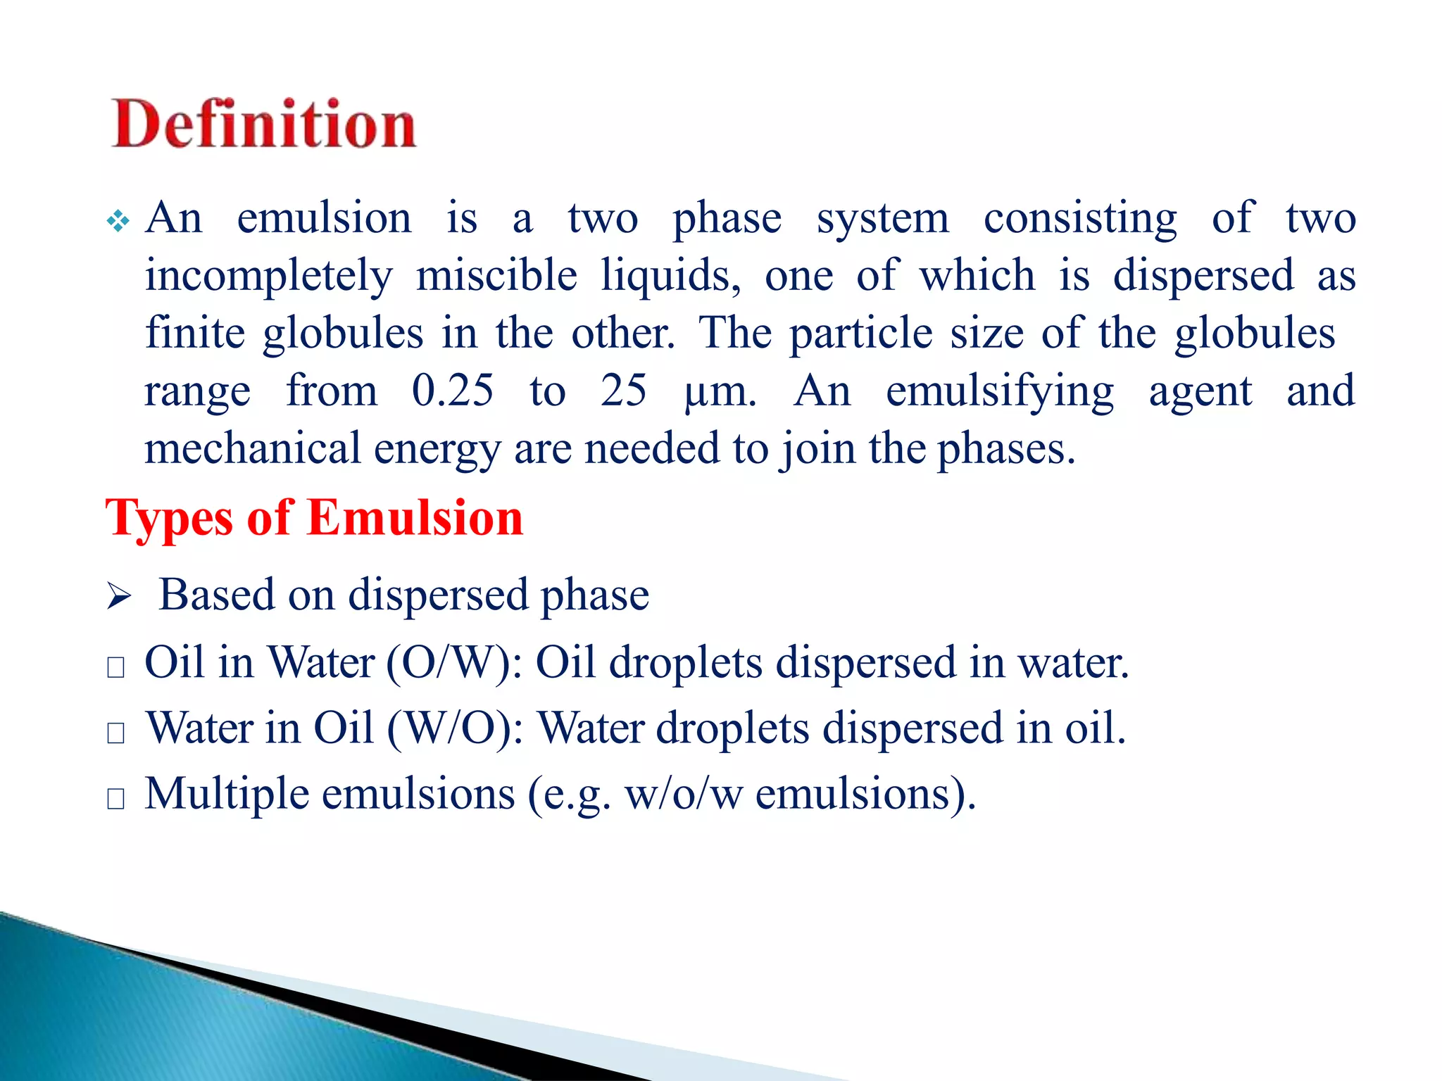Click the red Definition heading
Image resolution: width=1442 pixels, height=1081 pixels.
[x=264, y=125]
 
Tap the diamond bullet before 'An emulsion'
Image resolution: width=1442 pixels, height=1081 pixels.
[x=118, y=222]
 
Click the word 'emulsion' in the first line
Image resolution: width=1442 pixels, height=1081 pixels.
[x=324, y=218]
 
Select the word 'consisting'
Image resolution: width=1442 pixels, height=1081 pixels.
[x=1080, y=218]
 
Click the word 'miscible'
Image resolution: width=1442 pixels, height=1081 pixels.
[x=496, y=276]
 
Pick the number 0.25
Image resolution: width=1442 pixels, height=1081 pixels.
[x=453, y=391]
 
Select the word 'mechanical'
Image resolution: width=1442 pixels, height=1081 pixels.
[x=252, y=449]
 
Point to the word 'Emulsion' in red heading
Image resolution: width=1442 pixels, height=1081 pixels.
[x=415, y=518]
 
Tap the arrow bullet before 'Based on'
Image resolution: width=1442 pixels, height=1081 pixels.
[x=119, y=598]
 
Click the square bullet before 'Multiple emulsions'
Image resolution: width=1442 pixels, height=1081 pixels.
[x=116, y=798]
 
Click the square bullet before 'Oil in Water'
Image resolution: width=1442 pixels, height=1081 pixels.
[x=116, y=666]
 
